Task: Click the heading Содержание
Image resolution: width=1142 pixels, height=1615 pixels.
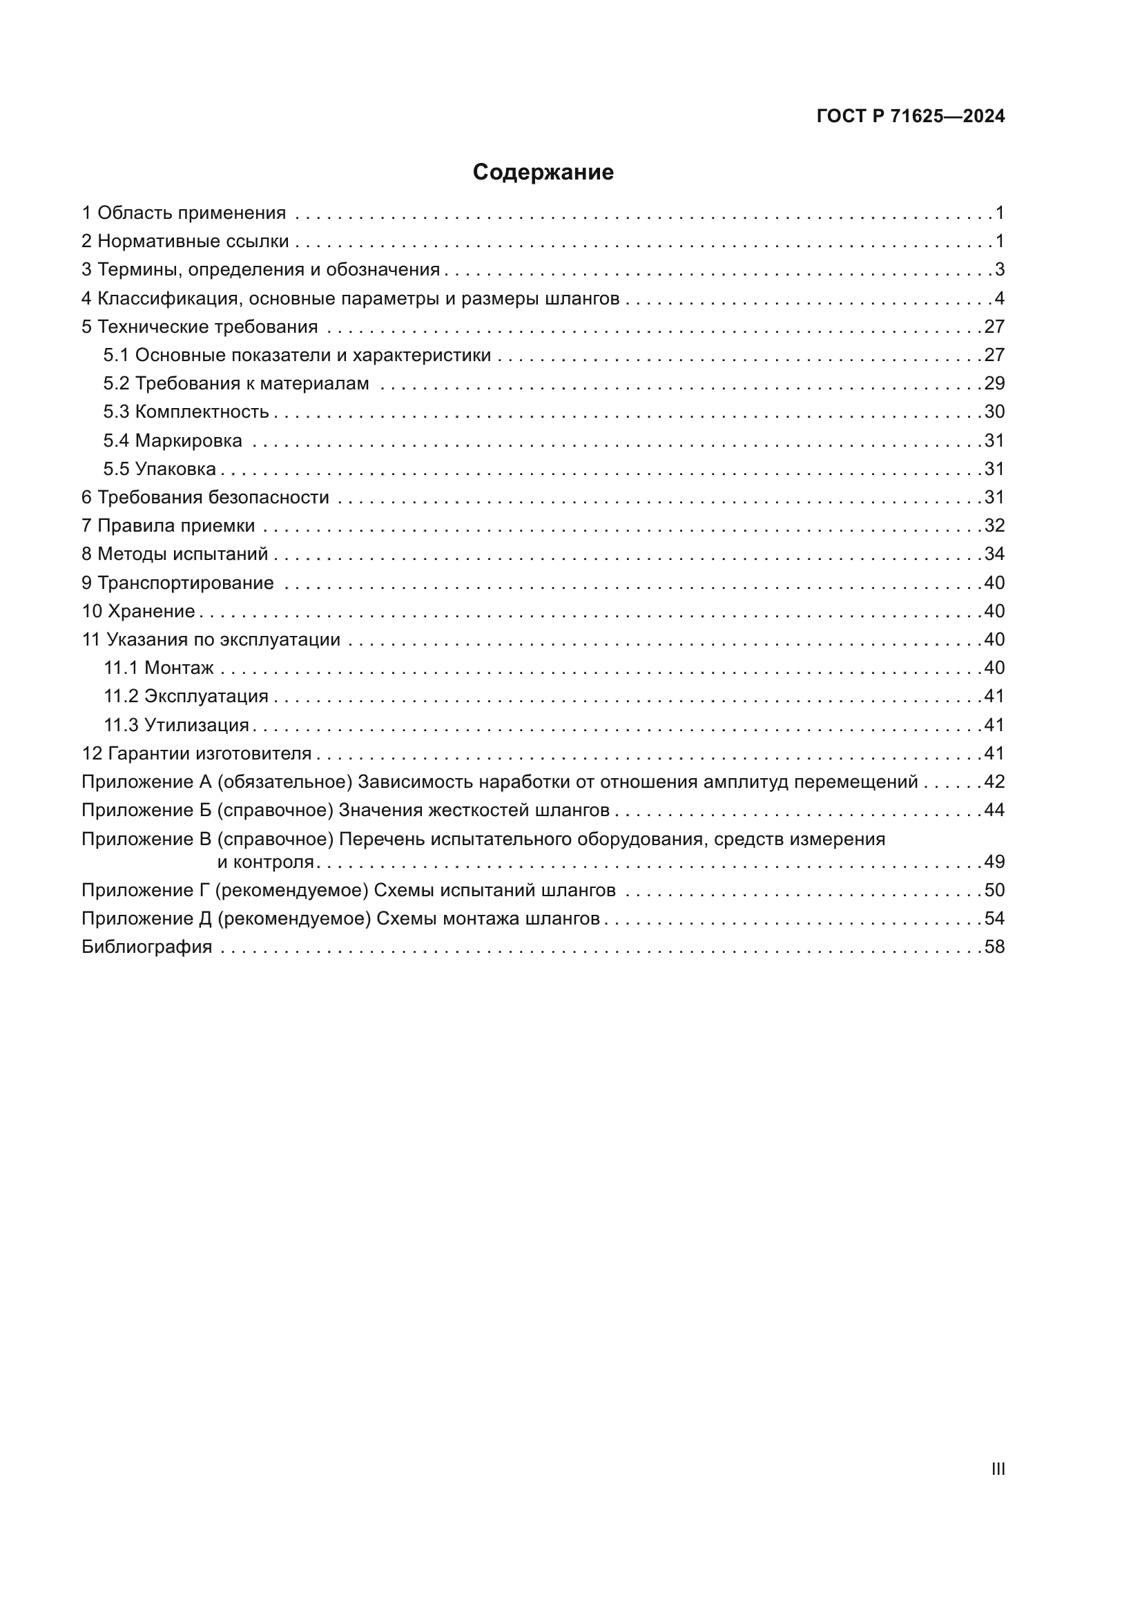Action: pos(543,173)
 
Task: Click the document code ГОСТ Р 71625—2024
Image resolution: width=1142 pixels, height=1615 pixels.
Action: pos(911,116)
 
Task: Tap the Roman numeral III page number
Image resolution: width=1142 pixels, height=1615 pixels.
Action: pos(998,1469)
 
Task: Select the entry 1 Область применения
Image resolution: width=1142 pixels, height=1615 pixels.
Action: pos(184,213)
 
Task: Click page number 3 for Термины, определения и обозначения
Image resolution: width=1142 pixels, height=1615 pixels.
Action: pos(999,269)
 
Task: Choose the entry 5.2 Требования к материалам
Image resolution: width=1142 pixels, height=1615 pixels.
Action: pos(236,383)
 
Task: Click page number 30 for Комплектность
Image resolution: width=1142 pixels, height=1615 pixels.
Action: pos(994,412)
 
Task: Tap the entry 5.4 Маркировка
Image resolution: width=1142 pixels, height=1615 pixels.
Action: pos(173,441)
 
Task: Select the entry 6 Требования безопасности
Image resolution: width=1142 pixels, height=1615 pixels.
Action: pos(205,497)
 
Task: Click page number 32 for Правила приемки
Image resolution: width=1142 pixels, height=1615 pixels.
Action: pos(994,525)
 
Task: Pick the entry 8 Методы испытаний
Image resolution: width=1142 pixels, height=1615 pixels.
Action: pos(175,554)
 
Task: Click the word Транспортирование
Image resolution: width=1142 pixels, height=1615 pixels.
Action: pos(186,583)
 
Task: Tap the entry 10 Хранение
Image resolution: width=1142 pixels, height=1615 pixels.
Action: pos(139,610)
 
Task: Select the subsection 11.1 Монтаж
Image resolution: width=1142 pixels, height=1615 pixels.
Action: pos(159,668)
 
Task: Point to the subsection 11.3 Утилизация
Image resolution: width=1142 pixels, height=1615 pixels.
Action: pos(177,724)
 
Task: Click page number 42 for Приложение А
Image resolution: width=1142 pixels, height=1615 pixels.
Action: pos(994,782)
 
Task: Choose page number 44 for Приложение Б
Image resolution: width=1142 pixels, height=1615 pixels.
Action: pos(994,810)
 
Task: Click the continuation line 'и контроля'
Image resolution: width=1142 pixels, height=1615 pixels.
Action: pos(265,862)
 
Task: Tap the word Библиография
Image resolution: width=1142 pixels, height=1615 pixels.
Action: pos(147,947)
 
